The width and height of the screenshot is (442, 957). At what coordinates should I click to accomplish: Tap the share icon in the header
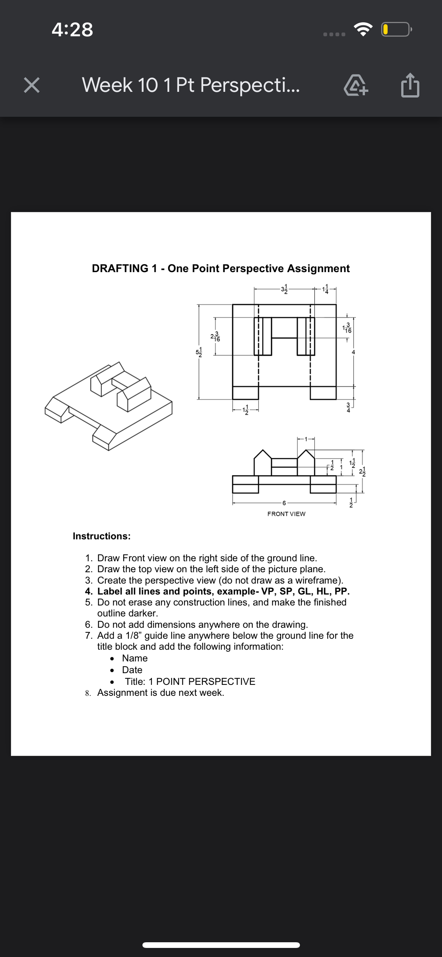pos(410,85)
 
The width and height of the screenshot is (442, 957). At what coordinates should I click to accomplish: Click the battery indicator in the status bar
pos(396,29)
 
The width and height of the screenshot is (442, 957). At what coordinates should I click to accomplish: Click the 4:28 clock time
pos(73,29)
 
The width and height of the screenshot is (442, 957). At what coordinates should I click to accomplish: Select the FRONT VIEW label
pos(286,514)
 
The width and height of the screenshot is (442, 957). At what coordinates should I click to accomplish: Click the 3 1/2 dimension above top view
pos(284,289)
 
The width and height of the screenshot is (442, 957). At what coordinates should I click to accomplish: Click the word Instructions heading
pos(102,536)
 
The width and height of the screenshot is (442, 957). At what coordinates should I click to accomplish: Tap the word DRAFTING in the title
pos(120,268)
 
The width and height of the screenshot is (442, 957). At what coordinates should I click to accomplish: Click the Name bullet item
pos(135,658)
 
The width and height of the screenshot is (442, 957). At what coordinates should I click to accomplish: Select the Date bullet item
pos(132,670)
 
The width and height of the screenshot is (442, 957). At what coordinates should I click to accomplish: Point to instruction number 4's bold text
pos(223,591)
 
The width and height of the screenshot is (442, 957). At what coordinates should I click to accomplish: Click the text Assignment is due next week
pos(161,692)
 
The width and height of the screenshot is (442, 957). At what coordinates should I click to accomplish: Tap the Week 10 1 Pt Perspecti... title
pos(191,85)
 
